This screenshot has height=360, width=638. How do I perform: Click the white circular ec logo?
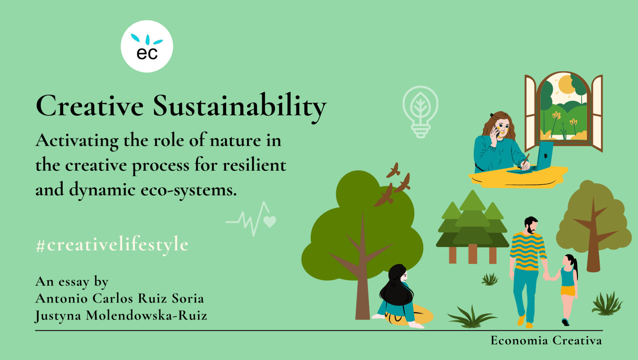tap(147, 46)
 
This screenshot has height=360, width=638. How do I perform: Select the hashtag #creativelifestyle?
tap(112, 245)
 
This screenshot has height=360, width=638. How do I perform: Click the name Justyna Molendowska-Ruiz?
tap(121, 315)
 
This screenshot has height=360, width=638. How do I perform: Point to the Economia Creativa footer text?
tap(546, 340)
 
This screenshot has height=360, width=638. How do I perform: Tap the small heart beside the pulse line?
tap(270, 221)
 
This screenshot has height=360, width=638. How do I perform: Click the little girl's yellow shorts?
tap(568, 291)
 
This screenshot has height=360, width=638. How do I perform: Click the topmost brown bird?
tap(393, 170)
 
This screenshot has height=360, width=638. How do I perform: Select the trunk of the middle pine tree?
tap(473, 253)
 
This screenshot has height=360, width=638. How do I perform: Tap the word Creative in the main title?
tap(90, 106)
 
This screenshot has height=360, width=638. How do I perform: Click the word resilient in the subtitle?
tap(254, 165)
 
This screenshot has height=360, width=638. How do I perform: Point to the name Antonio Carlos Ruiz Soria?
tap(120, 299)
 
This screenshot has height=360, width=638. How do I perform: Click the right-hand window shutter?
tap(597, 113)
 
